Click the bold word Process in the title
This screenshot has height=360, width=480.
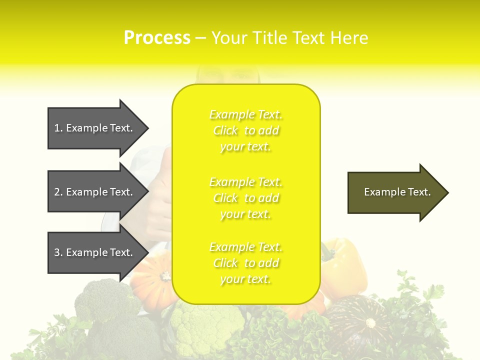157,37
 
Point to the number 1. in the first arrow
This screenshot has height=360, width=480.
58,128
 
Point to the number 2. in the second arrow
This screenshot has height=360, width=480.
58,192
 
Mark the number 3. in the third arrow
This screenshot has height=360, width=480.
58,252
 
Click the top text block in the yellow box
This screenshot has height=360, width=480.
246,130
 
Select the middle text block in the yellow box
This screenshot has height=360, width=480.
246,198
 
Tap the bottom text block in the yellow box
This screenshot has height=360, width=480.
246,263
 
